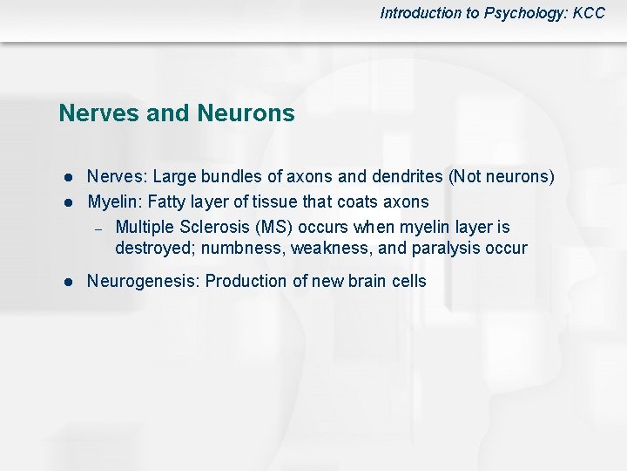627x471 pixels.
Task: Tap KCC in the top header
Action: coord(589,13)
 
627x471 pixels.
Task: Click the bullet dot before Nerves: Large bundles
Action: coord(65,178)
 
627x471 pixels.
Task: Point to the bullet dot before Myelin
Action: coord(65,203)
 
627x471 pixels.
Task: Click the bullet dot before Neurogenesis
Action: coord(65,282)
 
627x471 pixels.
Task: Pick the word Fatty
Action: coord(171,202)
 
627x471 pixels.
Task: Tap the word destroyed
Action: coord(150,249)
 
